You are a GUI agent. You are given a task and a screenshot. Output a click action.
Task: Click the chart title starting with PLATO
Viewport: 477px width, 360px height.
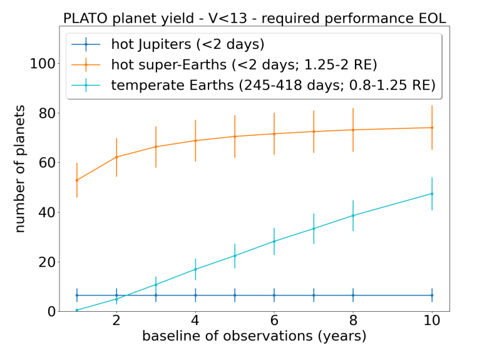(254, 18)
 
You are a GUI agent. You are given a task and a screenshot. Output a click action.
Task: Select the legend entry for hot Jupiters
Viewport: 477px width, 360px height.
(188, 44)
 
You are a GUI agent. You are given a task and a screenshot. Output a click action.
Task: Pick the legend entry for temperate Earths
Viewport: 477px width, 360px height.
(273, 85)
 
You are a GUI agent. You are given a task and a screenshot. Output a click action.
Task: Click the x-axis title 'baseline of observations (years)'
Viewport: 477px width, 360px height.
(254, 336)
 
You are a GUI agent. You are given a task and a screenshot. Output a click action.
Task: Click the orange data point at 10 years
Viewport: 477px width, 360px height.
(432, 128)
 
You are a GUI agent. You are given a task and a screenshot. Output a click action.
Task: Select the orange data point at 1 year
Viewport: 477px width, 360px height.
(77, 180)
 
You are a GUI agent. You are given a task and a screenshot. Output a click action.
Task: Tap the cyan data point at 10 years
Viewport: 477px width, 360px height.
(432, 193)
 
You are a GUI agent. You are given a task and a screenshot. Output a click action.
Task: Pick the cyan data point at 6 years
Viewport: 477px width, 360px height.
(274, 241)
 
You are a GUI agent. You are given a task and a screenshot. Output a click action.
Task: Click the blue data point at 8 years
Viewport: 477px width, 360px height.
(353, 295)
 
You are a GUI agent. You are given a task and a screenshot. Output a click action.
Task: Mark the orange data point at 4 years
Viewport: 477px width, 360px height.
(195, 140)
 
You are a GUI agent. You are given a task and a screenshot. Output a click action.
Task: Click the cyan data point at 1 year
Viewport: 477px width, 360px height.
(77, 310)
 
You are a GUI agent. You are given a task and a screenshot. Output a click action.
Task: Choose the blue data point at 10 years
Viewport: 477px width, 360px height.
(432, 295)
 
